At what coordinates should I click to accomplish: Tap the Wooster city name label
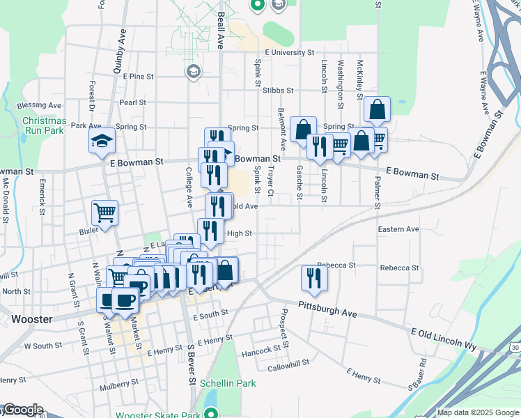[31, 319]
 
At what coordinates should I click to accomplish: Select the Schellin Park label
[228, 383]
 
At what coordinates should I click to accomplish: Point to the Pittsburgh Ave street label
[327, 310]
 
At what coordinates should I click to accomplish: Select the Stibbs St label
[278, 90]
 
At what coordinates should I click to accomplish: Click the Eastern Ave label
[398, 229]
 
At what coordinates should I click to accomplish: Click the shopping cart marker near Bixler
[105, 212]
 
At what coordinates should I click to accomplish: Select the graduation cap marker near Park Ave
[102, 141]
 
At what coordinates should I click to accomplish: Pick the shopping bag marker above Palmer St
[377, 109]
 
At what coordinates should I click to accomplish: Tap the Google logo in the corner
[22, 410]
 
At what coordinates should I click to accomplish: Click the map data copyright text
[477, 412]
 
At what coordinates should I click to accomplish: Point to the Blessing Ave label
[40, 105]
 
